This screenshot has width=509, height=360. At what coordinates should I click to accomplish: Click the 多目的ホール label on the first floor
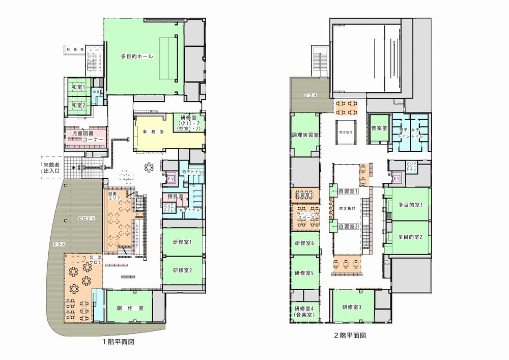pyautogui.click(x=137, y=56)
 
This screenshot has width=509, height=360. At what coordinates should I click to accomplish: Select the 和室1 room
pyautogui.click(x=78, y=88)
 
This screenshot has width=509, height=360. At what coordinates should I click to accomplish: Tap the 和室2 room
pyautogui.click(x=78, y=105)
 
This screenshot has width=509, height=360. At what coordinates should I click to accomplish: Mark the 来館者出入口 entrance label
pyautogui.click(x=51, y=168)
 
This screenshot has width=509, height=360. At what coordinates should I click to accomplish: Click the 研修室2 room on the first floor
pyautogui.click(x=182, y=270)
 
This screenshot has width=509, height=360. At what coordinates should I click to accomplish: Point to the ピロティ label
pyautogui.click(x=87, y=218)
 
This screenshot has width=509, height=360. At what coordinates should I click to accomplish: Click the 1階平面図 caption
pyautogui.click(x=118, y=342)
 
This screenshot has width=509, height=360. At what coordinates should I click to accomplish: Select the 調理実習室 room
pyautogui.click(x=305, y=135)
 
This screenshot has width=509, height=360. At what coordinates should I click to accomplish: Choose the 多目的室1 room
pyautogui.click(x=410, y=205)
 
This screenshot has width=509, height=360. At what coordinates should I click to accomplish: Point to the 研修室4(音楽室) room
pyautogui.click(x=305, y=312)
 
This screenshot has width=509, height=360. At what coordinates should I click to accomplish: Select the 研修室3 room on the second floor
pyautogui.click(x=351, y=307)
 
